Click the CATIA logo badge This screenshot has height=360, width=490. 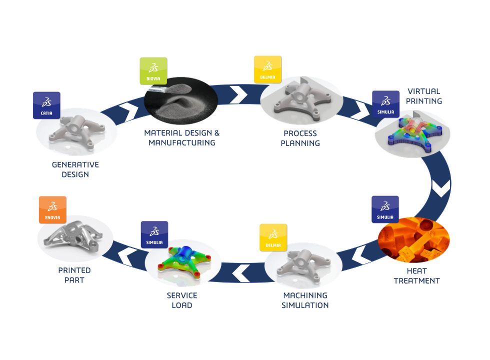click(x=46, y=105)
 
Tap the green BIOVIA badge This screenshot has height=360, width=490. click(x=153, y=71)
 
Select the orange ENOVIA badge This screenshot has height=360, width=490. click(x=52, y=210)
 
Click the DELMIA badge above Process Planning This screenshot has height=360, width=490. click(x=268, y=69)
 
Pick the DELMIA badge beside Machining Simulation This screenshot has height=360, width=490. click(x=273, y=237)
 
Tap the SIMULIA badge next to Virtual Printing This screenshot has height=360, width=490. click(x=385, y=104)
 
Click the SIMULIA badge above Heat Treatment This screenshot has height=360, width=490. click(x=385, y=209)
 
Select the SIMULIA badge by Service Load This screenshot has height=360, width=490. click(x=154, y=234)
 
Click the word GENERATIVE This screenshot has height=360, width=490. click(x=75, y=164)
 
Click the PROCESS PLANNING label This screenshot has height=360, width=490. click(x=300, y=138)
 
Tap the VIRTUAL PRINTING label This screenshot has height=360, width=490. click(x=424, y=96)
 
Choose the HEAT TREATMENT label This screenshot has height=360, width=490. click(x=416, y=276)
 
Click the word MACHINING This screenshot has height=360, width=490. click(x=305, y=295)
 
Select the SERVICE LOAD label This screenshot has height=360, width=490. click(x=182, y=300)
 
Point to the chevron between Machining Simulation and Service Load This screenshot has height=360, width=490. click(x=241, y=272)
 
